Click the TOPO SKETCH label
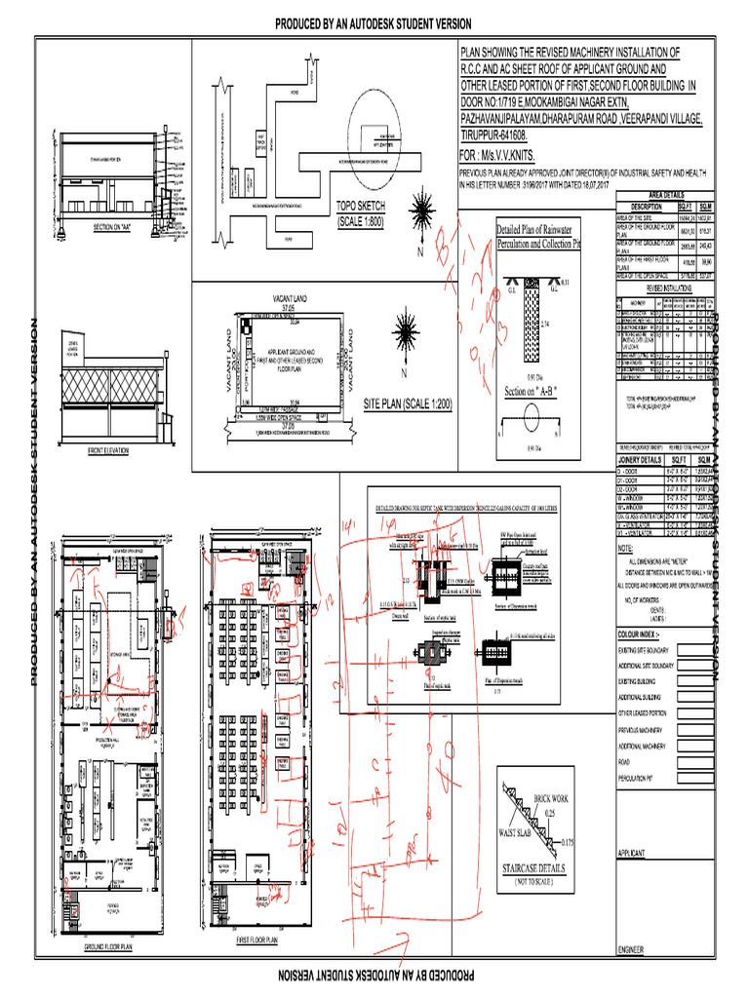click(361, 207)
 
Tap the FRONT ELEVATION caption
click(109, 450)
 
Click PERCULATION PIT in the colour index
click(642, 778)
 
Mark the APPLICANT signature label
click(634, 853)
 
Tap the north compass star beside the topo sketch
click(422, 212)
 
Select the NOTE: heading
click(627, 549)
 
